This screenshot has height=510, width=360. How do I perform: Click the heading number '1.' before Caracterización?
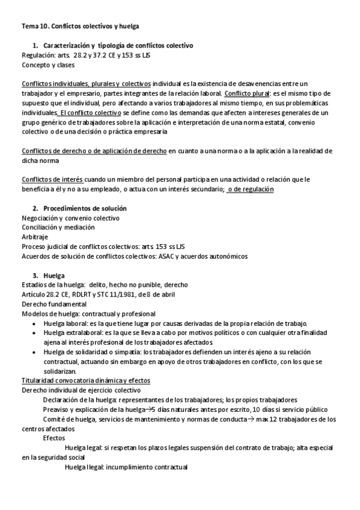tap(35, 46)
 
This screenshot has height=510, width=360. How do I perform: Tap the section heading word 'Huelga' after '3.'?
tap(54, 275)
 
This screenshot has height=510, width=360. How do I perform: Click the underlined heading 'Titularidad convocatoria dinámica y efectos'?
tap(86, 381)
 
